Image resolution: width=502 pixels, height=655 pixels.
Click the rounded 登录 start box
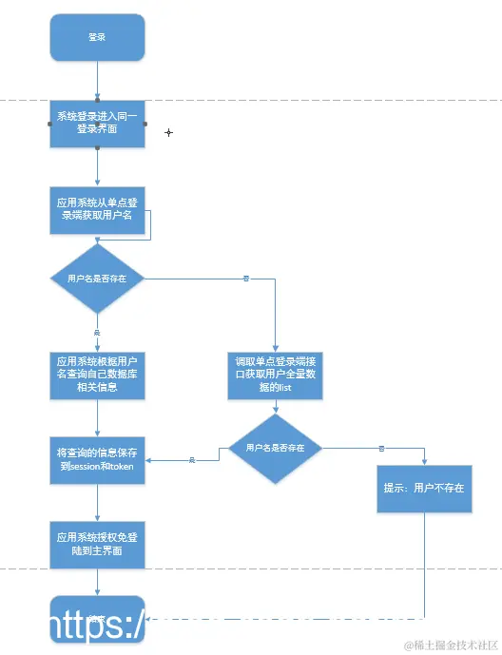(x=97, y=37)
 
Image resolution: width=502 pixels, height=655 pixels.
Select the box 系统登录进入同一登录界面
(x=97, y=123)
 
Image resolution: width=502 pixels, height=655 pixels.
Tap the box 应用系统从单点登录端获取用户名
(x=97, y=209)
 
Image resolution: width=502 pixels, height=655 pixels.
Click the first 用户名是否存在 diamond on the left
(x=97, y=279)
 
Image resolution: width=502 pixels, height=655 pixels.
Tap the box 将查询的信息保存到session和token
(x=97, y=460)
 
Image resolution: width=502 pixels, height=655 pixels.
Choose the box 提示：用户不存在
(x=424, y=488)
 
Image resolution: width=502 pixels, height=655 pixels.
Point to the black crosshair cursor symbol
(x=169, y=132)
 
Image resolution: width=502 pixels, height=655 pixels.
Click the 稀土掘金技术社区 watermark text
(x=451, y=645)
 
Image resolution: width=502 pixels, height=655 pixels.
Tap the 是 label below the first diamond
(x=97, y=332)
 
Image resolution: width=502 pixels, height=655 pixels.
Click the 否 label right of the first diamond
(x=246, y=279)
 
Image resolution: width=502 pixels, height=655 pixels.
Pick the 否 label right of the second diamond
(x=381, y=448)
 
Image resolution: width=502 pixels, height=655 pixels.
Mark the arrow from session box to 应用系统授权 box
(x=97, y=502)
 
